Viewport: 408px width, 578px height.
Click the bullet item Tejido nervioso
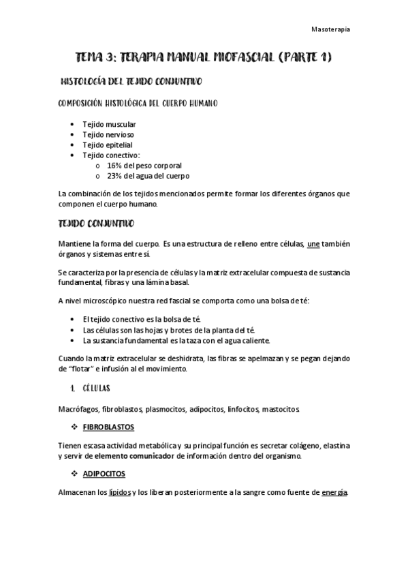[x=108, y=134]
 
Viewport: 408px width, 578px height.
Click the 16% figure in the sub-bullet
[x=114, y=166]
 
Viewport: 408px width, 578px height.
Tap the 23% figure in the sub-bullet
[x=114, y=176]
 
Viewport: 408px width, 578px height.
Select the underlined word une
[x=314, y=243]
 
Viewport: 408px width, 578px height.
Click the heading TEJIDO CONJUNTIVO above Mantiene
[x=96, y=224]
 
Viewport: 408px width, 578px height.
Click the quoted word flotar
[x=82, y=369]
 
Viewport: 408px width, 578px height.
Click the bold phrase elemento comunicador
[x=134, y=455]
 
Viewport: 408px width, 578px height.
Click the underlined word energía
[x=334, y=492]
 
